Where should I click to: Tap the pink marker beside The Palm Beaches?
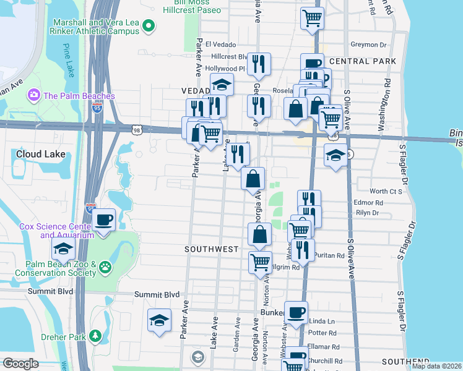click(x=33, y=95)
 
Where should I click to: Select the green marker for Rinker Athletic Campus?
click(x=148, y=26)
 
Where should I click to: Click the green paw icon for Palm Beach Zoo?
click(x=106, y=268)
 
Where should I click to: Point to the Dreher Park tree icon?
click(x=95, y=336)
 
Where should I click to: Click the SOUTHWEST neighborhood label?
click(x=212, y=249)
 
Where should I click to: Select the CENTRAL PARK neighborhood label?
click(x=363, y=61)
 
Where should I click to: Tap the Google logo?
click(x=20, y=364)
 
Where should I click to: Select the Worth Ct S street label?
click(x=386, y=192)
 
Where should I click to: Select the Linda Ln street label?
click(x=322, y=322)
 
